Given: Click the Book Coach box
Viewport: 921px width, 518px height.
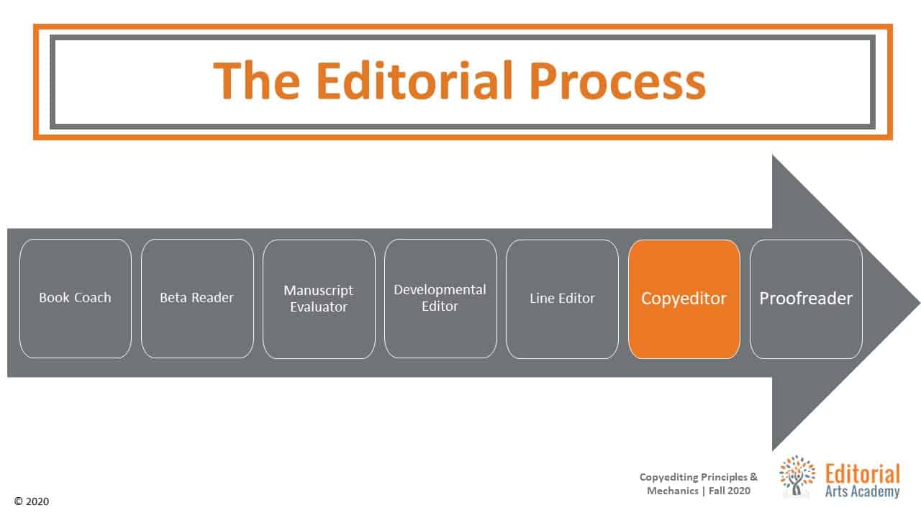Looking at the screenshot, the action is point(76,299).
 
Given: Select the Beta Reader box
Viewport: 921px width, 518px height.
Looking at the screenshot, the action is point(197,299).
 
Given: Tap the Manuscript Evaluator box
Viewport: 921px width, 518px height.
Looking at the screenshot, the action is point(319,299).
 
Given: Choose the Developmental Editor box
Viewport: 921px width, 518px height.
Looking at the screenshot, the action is point(441,299).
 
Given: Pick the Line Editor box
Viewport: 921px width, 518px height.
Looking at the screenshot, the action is point(562,299).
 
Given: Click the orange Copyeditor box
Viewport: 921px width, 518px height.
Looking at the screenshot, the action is point(684,299).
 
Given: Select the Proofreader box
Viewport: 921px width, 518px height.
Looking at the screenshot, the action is point(806,299).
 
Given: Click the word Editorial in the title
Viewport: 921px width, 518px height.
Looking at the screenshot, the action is point(415,80).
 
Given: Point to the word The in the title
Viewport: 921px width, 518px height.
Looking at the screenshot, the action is point(257,80).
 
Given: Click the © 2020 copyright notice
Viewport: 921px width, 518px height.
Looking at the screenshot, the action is point(32,501).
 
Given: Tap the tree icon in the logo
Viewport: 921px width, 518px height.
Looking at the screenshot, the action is point(797,476).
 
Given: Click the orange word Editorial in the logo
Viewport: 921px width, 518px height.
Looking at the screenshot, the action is point(863,474).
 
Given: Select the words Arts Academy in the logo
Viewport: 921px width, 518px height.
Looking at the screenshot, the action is point(863,491).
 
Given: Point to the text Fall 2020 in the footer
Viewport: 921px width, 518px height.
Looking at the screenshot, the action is point(730,491).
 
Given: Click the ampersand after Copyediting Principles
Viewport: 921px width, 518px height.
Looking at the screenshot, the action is point(753,477).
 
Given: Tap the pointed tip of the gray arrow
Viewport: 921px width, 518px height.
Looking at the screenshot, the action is point(920,303).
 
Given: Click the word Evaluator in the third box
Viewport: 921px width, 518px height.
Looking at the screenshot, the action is point(319,307).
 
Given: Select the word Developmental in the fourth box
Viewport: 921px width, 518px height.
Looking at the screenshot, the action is point(440,290).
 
